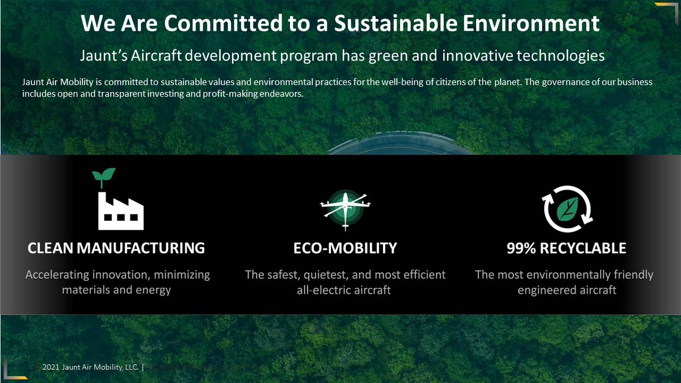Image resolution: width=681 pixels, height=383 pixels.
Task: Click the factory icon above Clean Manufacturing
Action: click(x=121, y=211)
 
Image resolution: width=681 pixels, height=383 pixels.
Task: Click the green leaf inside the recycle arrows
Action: click(x=567, y=209)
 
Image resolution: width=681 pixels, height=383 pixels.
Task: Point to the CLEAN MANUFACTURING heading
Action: click(x=116, y=248)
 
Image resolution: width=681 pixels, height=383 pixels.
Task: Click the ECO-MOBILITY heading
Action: click(x=345, y=248)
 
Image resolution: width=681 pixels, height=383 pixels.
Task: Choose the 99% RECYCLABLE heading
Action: click(x=566, y=248)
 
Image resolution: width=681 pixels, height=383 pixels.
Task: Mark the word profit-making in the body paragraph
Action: click(x=228, y=94)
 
